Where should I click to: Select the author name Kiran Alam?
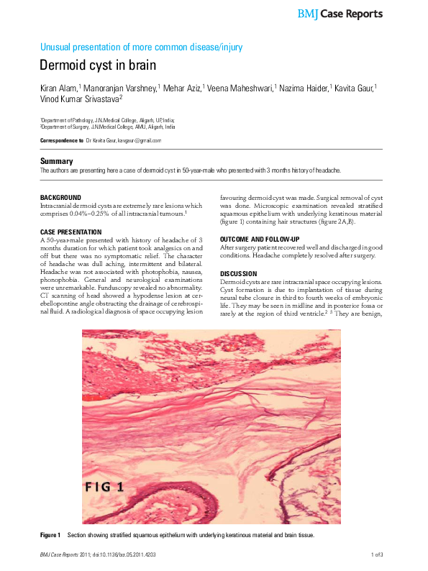(x=59, y=88)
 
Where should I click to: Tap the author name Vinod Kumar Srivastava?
(x=79, y=99)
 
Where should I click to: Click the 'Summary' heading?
(x=56, y=161)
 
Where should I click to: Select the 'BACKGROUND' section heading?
(x=60, y=197)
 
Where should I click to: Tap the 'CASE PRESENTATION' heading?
(x=70, y=232)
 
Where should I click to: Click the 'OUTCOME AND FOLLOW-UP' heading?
(x=259, y=239)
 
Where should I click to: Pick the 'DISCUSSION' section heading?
(x=238, y=273)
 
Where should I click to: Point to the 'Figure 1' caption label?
(x=50, y=536)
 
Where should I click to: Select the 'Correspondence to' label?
(x=61, y=141)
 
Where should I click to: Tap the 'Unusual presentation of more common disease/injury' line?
(x=142, y=47)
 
